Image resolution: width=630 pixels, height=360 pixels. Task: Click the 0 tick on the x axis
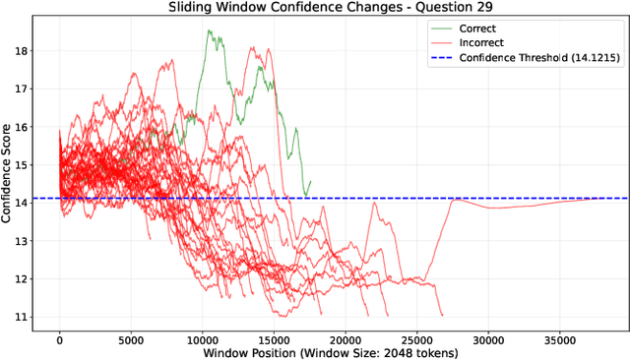(60, 340)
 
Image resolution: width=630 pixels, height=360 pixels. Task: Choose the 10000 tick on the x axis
(202, 340)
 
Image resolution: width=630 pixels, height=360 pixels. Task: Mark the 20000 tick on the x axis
(345, 340)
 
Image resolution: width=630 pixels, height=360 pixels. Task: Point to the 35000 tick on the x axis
(558, 340)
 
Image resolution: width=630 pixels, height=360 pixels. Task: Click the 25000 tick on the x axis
(415, 340)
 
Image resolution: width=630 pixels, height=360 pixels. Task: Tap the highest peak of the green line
(209, 30)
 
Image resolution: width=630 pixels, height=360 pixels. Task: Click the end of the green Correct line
(310, 181)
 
